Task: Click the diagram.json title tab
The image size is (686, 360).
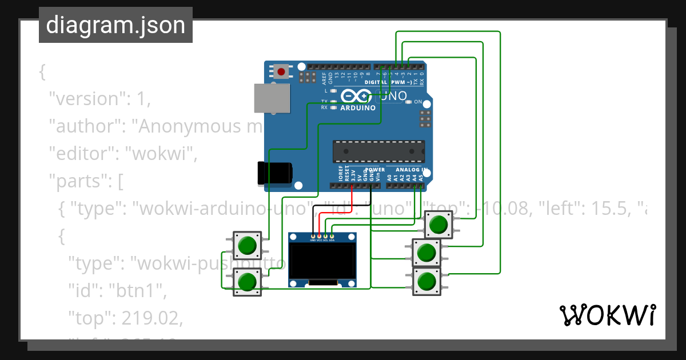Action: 115,25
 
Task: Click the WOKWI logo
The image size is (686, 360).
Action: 607,315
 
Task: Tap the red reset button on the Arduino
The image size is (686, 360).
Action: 282,71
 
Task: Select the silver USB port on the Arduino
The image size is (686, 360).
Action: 271,98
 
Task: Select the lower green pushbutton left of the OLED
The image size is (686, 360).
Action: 248,282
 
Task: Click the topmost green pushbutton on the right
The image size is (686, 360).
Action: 438,225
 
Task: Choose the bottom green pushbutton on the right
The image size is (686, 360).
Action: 426,281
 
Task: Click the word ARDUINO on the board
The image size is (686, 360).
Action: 358,107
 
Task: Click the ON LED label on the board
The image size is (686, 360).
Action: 418,102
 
